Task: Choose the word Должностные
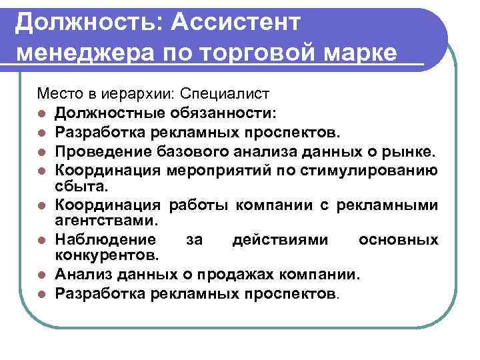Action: [x=106, y=111]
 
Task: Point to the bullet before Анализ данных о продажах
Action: [x=42, y=275]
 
